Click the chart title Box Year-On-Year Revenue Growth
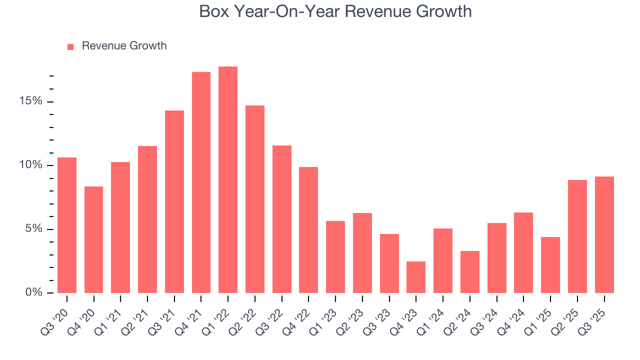click(x=335, y=11)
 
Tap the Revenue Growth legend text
click(x=124, y=46)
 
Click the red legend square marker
click(x=70, y=46)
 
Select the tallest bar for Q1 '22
click(x=228, y=180)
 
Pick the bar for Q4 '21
click(x=201, y=182)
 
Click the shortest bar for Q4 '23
click(x=416, y=277)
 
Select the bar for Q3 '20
click(x=67, y=225)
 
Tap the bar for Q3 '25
click(x=604, y=235)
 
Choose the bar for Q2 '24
click(x=469, y=272)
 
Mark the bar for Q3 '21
click(x=174, y=201)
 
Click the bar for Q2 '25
click(x=577, y=236)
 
